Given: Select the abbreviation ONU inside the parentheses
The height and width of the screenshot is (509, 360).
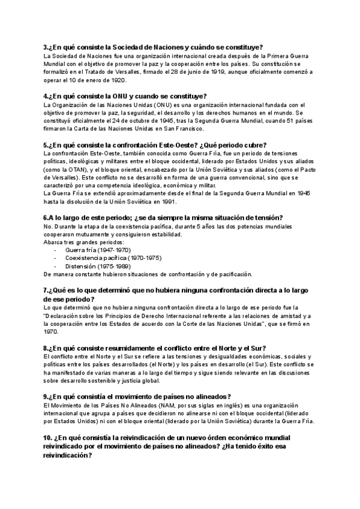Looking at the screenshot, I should (163, 105).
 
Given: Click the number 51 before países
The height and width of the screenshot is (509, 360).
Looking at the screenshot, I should (254, 121).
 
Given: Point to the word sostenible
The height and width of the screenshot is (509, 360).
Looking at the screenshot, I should (97, 379).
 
